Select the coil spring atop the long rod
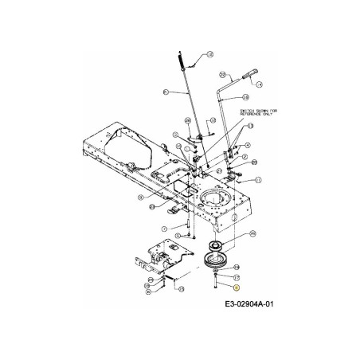tap(182, 59)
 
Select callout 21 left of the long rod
tap(166, 93)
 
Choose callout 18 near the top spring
tap(209, 53)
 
